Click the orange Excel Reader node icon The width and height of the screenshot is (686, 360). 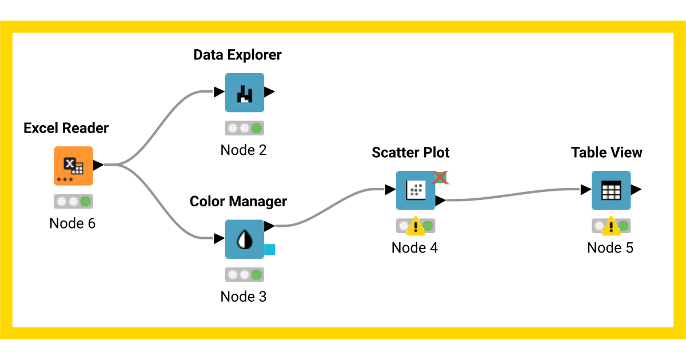(x=73, y=166)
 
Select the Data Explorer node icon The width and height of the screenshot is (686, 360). (x=244, y=92)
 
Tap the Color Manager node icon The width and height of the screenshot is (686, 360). (x=244, y=239)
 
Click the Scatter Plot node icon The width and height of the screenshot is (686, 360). (x=416, y=190)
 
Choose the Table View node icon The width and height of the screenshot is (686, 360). (x=611, y=190)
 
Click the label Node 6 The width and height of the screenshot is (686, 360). (x=73, y=223)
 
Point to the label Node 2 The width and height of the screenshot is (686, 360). (x=244, y=150)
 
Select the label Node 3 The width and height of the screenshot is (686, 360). (x=244, y=297)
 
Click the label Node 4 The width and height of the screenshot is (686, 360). (x=414, y=248)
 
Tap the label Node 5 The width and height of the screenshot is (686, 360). (x=610, y=248)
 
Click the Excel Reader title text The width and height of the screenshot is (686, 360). (x=66, y=129)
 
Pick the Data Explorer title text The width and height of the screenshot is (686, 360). (x=237, y=55)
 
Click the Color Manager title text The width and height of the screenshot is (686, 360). (x=238, y=202)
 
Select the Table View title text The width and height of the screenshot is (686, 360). (x=607, y=153)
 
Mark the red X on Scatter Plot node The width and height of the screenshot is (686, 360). (x=440, y=177)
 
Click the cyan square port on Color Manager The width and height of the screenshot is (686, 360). (x=270, y=249)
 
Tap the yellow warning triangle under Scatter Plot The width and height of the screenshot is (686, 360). (x=416, y=227)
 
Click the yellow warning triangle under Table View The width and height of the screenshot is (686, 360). (x=611, y=227)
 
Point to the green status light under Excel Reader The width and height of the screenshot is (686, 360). (x=86, y=201)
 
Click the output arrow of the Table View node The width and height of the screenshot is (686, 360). (x=636, y=189)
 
